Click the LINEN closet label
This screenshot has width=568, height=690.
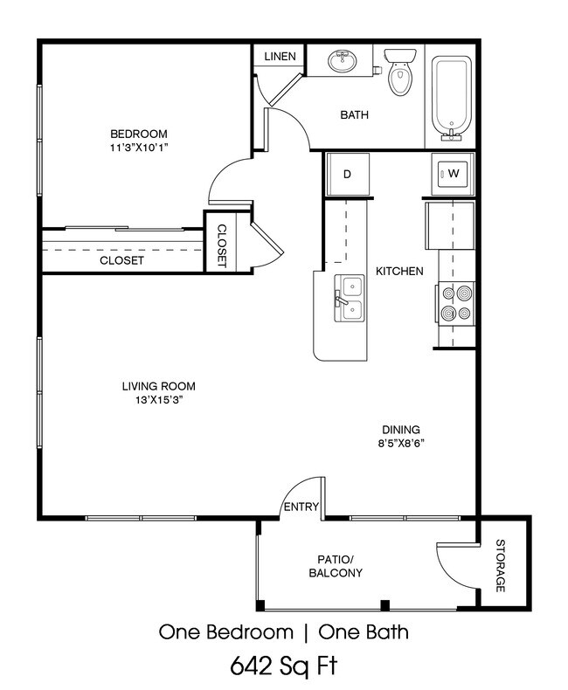280,56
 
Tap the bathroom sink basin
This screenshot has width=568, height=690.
343,61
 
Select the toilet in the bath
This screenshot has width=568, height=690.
400,72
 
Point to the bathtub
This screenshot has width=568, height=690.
451,98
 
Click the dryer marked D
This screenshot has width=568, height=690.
347,175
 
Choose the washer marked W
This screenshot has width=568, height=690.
453,174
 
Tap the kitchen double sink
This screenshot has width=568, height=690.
350,299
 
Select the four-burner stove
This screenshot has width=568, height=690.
456,304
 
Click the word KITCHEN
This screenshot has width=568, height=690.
399,271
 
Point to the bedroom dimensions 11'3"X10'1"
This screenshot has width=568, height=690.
139,148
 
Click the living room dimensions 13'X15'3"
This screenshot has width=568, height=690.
159,400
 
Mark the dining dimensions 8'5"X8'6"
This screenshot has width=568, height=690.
401,443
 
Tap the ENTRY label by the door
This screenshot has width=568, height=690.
301,507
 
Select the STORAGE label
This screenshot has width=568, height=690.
500,565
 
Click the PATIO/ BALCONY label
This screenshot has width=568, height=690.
336,566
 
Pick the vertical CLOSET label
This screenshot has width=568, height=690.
221,245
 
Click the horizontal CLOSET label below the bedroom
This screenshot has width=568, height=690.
121,260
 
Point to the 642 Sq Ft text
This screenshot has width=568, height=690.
284,666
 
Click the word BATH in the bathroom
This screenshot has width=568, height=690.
355,114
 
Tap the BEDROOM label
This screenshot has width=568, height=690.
139,134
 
